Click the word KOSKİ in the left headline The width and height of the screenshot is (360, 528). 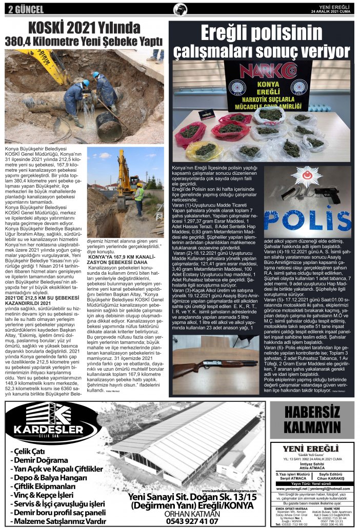pyautogui.click(x=48, y=27)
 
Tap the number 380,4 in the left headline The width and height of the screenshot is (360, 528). pyautogui.click(x=23, y=40)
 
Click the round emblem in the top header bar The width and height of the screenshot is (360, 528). pyautogui.click(x=180, y=9)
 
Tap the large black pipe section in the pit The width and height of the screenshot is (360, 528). pyautogui.click(x=109, y=125)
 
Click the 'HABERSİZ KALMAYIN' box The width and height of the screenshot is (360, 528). pyautogui.click(x=312, y=420)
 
